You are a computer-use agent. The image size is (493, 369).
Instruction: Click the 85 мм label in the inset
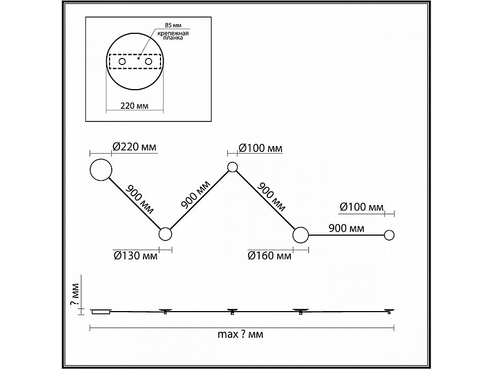(x=173, y=25)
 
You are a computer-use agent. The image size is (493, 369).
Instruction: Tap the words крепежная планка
(x=173, y=36)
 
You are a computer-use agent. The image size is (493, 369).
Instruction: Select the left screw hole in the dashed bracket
(x=122, y=61)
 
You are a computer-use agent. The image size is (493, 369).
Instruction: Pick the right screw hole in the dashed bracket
(x=148, y=61)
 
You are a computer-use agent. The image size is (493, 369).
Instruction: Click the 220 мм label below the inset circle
(x=134, y=106)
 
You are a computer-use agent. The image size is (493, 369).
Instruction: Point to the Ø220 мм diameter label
(x=134, y=147)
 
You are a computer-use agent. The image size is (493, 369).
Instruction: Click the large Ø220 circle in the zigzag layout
(x=101, y=170)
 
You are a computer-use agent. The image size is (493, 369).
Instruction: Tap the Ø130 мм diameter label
(x=135, y=256)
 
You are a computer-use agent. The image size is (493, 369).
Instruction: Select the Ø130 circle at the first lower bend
(x=165, y=234)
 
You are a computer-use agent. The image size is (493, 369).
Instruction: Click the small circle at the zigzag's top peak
(x=232, y=167)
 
